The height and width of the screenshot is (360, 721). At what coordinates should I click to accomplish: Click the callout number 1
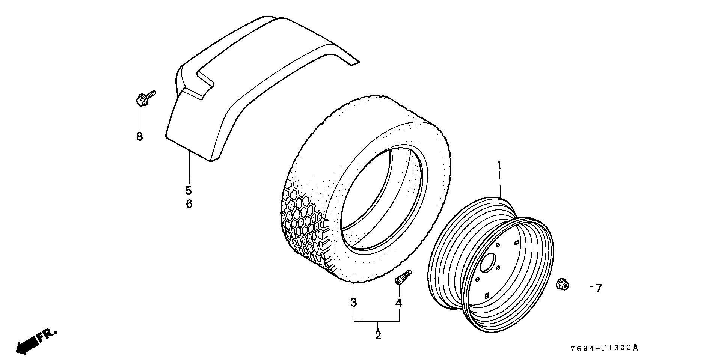(499, 165)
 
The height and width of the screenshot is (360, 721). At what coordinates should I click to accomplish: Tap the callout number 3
(353, 302)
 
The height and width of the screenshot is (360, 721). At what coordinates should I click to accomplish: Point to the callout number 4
(398, 303)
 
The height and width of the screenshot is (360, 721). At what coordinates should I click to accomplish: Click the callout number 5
(189, 190)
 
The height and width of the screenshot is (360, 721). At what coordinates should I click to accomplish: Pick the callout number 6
(189, 204)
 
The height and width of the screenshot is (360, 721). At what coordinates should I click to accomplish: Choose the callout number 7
(599, 288)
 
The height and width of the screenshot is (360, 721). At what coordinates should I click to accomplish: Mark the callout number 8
(139, 136)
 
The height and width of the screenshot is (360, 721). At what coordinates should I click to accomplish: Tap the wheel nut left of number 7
(562, 284)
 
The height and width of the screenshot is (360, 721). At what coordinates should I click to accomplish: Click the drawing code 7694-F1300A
(604, 348)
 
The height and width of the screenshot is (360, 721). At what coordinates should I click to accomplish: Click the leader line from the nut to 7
(580, 287)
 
